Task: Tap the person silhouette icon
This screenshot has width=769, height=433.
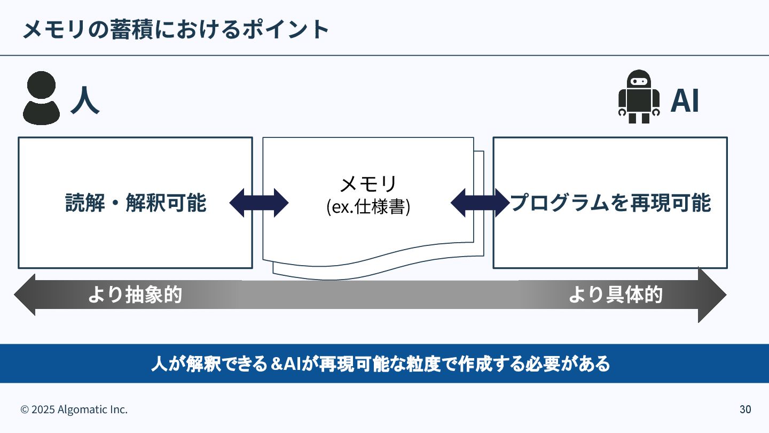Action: (x=41, y=98)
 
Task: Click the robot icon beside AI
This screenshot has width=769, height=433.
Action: (x=639, y=97)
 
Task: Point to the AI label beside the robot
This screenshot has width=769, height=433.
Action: (x=685, y=100)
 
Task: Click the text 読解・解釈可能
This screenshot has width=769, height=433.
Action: (x=136, y=203)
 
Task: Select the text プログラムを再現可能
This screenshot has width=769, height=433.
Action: (x=610, y=203)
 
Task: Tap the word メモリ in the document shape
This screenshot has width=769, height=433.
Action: (x=368, y=184)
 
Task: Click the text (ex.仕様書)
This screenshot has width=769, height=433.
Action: (x=368, y=207)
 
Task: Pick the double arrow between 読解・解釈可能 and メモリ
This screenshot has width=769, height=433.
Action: (x=259, y=203)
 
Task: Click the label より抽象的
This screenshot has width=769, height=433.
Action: (x=135, y=295)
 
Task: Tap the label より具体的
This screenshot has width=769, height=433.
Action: (x=615, y=295)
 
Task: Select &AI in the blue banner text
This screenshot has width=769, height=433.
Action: (x=287, y=364)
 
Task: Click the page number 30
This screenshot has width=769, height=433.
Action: (x=745, y=409)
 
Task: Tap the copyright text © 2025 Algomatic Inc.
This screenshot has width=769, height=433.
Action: (x=74, y=409)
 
